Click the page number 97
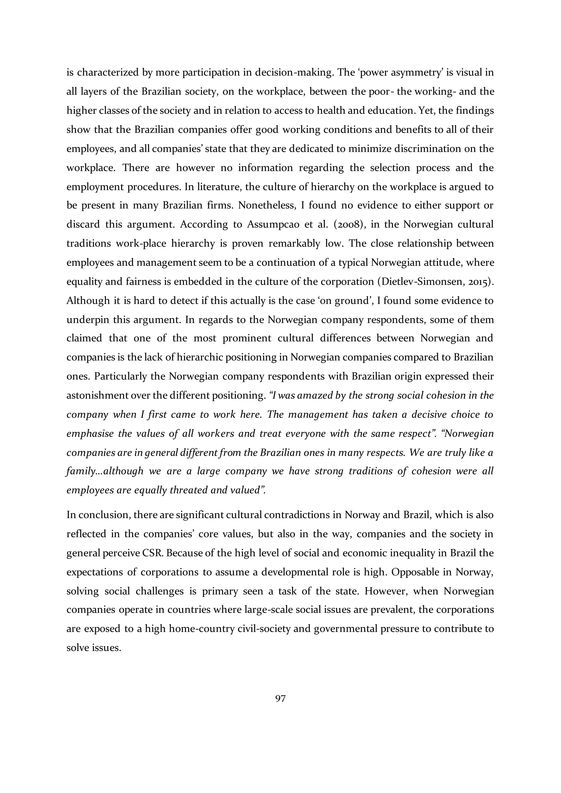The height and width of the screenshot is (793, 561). pos(280,698)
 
